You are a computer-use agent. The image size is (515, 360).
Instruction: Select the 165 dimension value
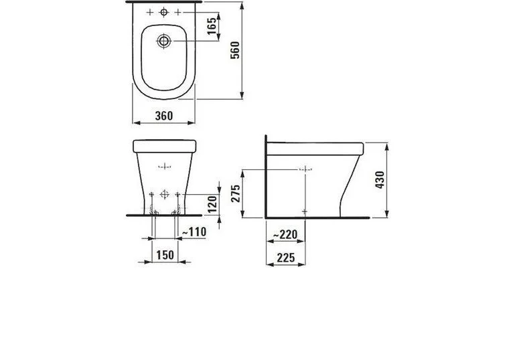[211, 27]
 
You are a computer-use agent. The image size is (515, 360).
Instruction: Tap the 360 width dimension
[163, 116]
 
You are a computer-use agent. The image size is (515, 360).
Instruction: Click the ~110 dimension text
[193, 232]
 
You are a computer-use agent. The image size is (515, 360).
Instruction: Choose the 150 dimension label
[165, 255]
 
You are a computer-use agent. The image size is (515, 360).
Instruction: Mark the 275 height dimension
[234, 193]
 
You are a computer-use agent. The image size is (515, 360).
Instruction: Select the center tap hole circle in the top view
[164, 13]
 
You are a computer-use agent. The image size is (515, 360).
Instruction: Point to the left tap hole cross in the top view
[149, 13]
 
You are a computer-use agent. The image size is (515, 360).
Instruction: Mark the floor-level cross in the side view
[305, 211]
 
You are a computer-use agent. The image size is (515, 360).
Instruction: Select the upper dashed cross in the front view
[164, 165]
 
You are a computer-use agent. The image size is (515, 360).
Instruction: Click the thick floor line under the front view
[164, 216]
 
